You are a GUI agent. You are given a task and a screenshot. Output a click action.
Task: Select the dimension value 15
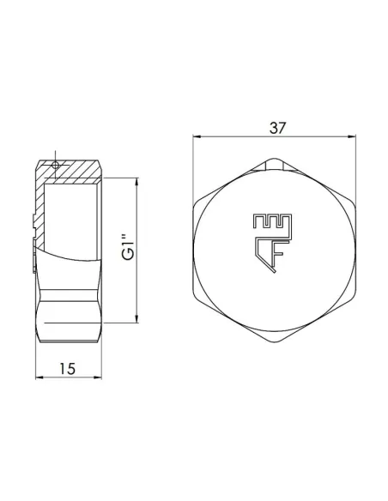coord(69,368)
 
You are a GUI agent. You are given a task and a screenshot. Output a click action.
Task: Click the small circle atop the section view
coord(56,164)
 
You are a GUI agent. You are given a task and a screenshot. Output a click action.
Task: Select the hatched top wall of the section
coord(77,172)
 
